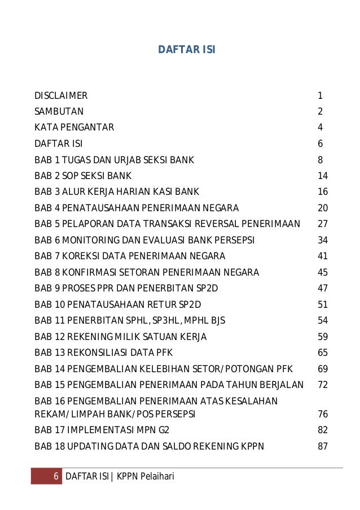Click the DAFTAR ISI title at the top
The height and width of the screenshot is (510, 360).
pos(186,50)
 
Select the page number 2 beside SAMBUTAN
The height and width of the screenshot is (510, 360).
pos(320,111)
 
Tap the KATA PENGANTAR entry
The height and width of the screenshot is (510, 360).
pos(74,128)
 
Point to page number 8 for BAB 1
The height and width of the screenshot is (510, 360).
pos(320,160)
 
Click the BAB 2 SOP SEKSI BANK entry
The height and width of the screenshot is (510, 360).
pos(83,176)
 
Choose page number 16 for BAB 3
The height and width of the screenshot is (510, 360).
pos(323,192)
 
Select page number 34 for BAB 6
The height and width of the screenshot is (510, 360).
pos(323,241)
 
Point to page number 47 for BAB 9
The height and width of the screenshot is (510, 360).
pos(323,289)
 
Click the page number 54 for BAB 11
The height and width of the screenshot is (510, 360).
pos(323,321)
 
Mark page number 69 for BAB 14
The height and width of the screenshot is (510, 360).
pos(323,369)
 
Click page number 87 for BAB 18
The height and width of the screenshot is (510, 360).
pos(323,446)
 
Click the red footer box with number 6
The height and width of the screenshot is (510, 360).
pos(46,477)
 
